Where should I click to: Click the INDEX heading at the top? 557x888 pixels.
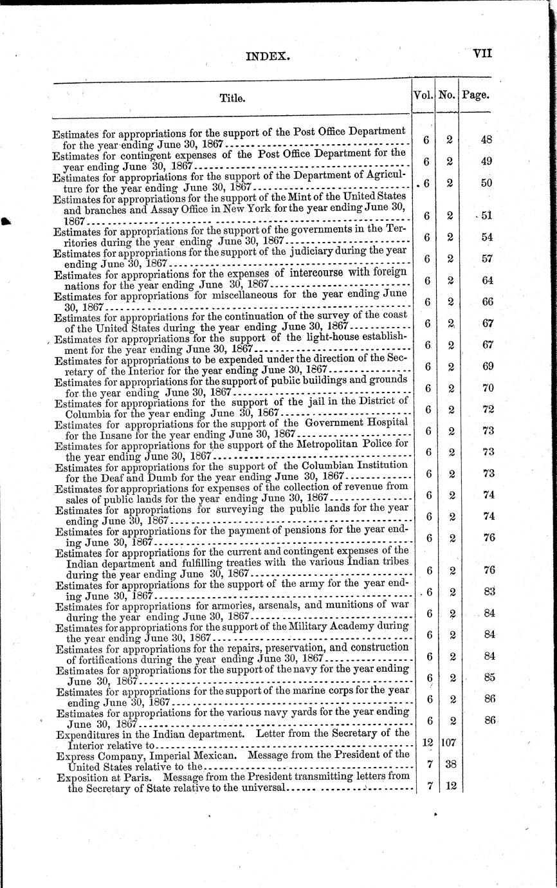[268, 56]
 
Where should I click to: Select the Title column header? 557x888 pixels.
[232, 98]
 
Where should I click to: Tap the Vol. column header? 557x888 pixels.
[424, 95]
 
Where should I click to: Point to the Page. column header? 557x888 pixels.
[475, 95]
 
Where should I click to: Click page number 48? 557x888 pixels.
[486, 140]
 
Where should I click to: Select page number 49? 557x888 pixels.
[486, 161]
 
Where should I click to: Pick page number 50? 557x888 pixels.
[486, 183]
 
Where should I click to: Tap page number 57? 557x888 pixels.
[486, 259]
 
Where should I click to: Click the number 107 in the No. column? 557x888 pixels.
[448, 742]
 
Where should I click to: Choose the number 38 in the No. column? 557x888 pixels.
[450, 764]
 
